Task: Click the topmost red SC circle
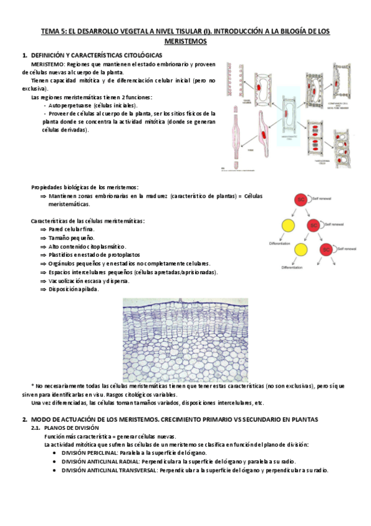point(302,200)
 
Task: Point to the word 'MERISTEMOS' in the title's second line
point(185,42)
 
